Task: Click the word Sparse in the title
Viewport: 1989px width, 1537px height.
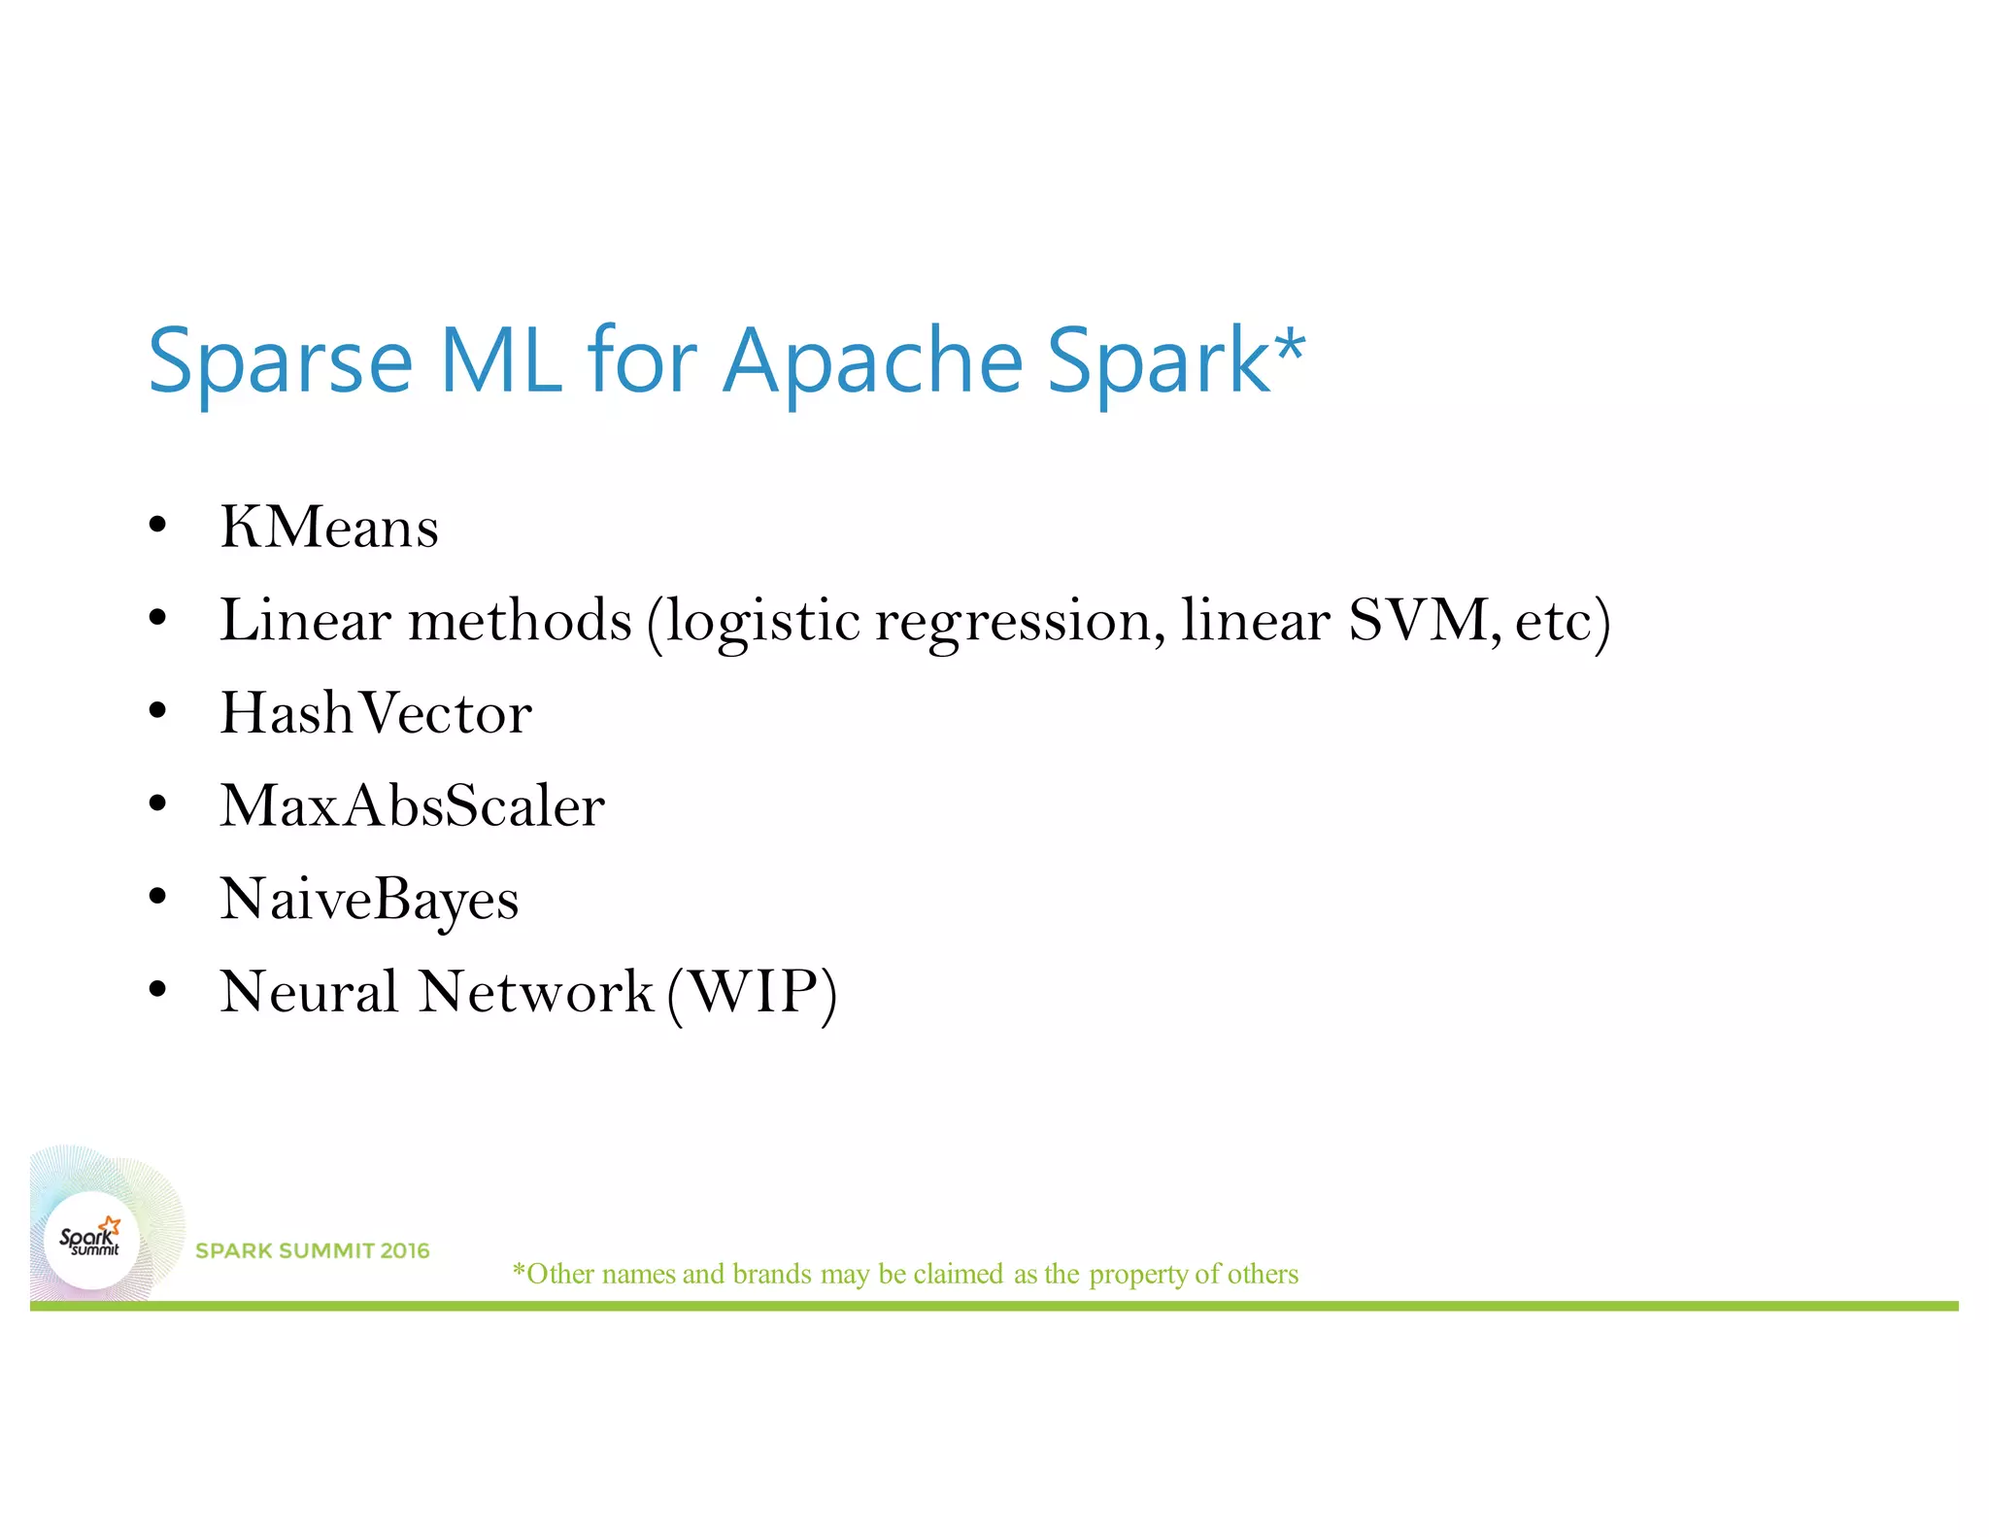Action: point(280,361)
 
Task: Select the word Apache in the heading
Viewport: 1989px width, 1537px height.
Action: point(872,361)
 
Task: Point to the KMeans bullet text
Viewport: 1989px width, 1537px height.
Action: point(329,528)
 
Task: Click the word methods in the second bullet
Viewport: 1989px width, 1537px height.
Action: point(520,620)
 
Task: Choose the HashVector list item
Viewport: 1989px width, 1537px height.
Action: point(376,713)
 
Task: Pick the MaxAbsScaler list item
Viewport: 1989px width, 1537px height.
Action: point(412,806)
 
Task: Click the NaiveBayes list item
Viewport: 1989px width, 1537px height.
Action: point(369,900)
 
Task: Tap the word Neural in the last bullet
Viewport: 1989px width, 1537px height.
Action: point(309,992)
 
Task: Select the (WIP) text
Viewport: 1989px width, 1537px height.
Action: point(753,993)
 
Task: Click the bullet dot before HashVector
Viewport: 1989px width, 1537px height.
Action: point(158,711)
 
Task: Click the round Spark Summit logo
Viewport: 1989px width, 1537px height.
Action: point(91,1240)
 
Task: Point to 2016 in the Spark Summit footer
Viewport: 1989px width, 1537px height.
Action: point(405,1250)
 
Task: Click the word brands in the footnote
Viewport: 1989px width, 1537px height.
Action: point(772,1274)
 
